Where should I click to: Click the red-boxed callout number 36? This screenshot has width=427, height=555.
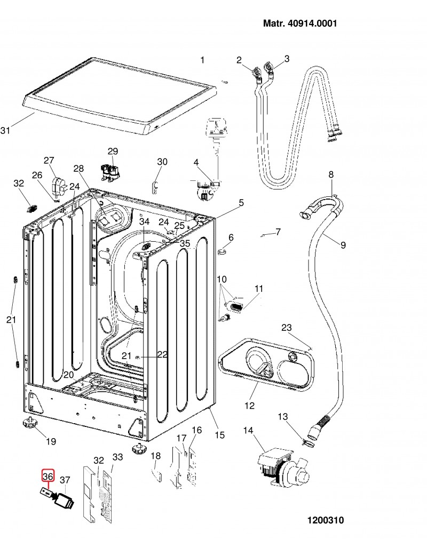[48, 477]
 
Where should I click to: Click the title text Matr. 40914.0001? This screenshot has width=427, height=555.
[300, 23]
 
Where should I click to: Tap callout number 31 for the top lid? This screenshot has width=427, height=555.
[5, 131]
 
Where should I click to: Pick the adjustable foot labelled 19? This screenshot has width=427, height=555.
[28, 423]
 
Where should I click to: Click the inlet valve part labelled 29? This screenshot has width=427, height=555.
[110, 171]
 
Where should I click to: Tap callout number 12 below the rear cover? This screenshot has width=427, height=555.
[249, 405]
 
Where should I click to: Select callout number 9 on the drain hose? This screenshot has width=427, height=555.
[343, 244]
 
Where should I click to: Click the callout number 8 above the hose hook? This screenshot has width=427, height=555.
[331, 175]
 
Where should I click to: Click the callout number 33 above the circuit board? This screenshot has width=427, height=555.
[117, 457]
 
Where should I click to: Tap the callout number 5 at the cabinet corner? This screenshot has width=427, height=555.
[241, 203]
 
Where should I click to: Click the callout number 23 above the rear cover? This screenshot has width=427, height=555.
[287, 328]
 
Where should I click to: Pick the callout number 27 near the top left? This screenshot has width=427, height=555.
[49, 160]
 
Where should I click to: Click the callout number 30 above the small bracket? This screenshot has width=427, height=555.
[162, 162]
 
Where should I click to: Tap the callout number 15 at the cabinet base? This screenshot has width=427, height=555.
[219, 434]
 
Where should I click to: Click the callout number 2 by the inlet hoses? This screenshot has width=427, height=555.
[239, 60]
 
